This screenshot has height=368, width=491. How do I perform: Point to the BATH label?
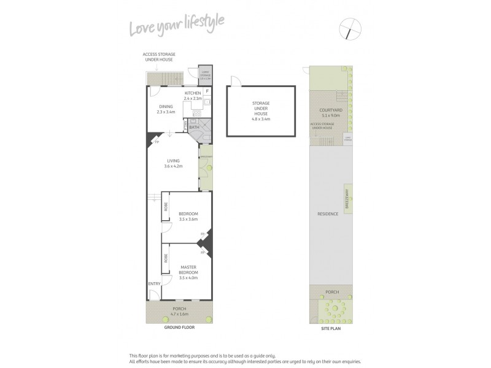point(194,127)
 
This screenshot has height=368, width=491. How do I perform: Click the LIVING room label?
point(173,161)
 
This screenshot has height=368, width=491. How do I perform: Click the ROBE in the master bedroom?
point(165,258)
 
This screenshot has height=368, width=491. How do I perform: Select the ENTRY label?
point(154,283)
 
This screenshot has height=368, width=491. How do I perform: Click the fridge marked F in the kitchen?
point(207,91)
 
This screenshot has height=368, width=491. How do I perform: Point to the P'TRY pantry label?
point(185,126)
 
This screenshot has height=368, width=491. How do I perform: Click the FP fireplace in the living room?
point(157,142)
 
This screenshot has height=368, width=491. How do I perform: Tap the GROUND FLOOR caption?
point(179,328)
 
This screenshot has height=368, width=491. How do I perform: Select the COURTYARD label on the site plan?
point(330,110)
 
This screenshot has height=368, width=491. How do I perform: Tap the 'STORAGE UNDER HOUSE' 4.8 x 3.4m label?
point(260,111)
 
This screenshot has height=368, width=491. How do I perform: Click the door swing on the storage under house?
point(234,82)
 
